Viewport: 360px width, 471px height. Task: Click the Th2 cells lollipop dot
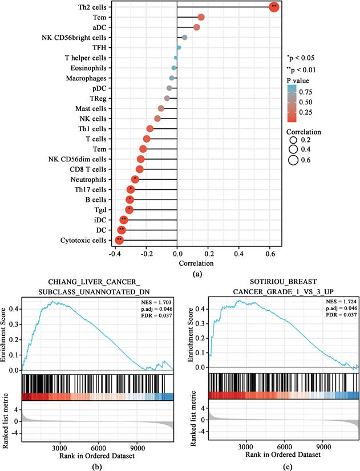(274, 7)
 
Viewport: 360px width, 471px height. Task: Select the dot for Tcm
(201, 17)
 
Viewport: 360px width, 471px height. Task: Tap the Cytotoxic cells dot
(119, 240)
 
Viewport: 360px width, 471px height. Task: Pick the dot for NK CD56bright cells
(184, 38)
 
